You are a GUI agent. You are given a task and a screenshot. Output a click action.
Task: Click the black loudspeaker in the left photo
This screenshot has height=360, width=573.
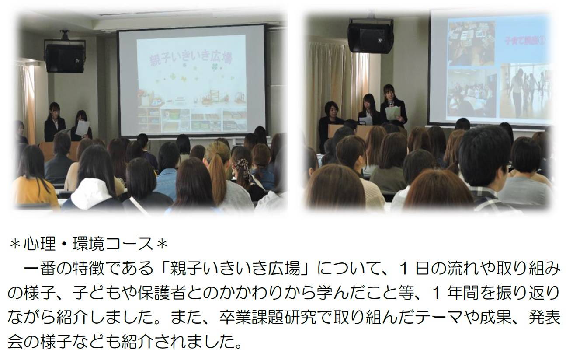[x=65, y=58]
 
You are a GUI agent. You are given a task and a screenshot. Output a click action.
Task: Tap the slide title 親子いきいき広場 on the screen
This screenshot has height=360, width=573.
[x=191, y=59]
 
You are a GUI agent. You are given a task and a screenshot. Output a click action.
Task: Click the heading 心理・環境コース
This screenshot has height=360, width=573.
[x=89, y=244]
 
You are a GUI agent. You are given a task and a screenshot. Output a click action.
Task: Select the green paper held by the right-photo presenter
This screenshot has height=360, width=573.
[x=392, y=113]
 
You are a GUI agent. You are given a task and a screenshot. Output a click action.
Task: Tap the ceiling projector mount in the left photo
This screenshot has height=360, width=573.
[x=65, y=35]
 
